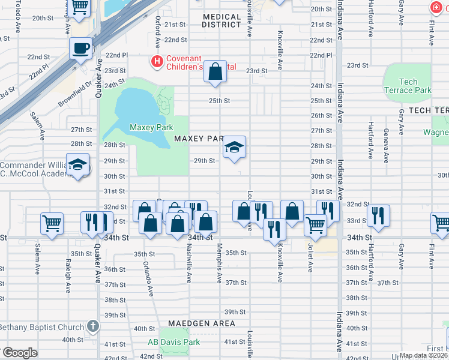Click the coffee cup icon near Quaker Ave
(80, 47)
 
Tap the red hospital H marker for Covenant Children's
(157, 61)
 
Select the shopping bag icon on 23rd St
(214, 72)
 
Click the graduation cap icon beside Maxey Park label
(234, 148)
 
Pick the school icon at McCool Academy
(78, 165)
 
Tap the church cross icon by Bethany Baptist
(92, 326)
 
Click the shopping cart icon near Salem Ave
(52, 223)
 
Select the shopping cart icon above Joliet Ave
(315, 225)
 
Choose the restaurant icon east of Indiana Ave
(378, 215)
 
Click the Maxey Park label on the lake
(151, 127)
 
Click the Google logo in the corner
(19, 353)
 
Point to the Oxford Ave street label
(158, 32)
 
